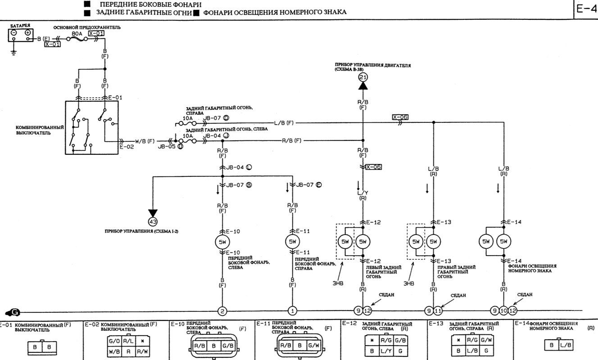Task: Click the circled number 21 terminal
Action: click(x=363, y=78)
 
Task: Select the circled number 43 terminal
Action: click(x=153, y=221)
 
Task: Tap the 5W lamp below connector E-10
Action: click(x=222, y=242)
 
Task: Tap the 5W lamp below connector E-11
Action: click(x=292, y=242)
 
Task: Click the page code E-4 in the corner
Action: click(x=586, y=9)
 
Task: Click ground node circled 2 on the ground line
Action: click(x=222, y=310)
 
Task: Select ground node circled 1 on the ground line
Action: click(x=292, y=310)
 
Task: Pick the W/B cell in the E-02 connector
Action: click(x=114, y=351)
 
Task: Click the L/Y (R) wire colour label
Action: click(x=363, y=194)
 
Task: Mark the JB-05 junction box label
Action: click(x=167, y=147)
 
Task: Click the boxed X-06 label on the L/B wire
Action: click(x=400, y=117)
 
